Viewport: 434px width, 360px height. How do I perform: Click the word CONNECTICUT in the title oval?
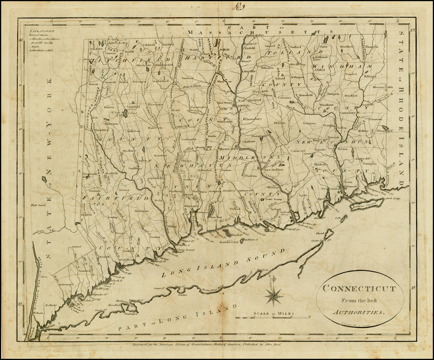[x=359, y=289]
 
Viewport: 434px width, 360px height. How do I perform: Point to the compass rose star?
[x=274, y=295]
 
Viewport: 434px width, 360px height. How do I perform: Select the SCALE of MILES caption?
[x=274, y=314]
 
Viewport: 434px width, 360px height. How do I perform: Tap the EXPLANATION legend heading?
[x=39, y=31]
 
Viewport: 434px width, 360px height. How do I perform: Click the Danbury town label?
[x=96, y=191]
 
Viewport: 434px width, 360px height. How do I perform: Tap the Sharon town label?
[x=93, y=84]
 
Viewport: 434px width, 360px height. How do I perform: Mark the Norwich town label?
[x=334, y=138]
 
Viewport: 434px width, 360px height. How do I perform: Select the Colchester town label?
[x=298, y=150]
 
